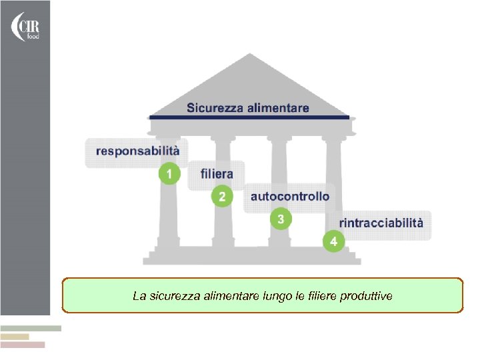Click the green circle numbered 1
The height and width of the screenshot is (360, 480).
[170, 174]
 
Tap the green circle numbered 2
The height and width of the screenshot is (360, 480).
[223, 197]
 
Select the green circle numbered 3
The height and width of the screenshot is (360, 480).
[281, 219]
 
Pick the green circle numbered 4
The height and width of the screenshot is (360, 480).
[334, 241]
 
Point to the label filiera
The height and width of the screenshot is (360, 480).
[217, 174]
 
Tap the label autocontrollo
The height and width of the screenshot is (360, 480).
[289, 196]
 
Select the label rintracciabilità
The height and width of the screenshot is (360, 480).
[381, 223]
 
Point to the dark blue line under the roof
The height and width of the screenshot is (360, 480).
[249, 117]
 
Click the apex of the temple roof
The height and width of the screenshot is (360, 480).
[249, 55]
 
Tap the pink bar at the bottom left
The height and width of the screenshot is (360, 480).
[23, 345]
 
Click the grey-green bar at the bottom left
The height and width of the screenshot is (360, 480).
[30, 328]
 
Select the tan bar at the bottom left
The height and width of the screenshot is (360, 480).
[15, 337]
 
